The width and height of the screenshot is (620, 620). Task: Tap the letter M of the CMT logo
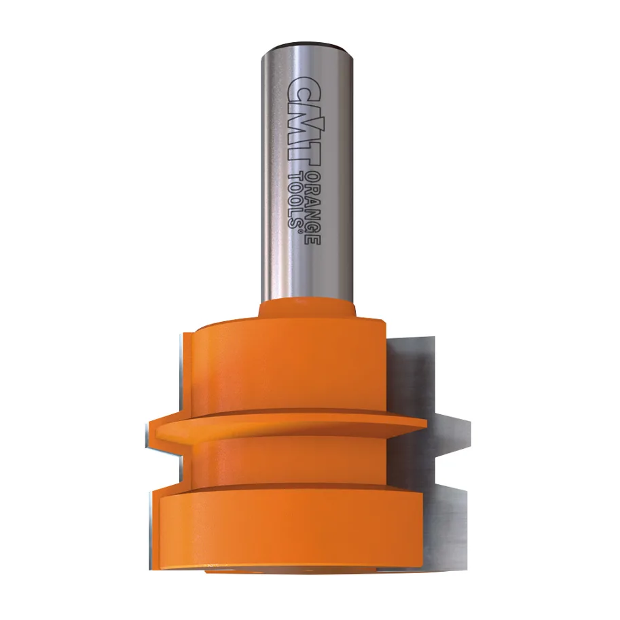pyautogui.click(x=303, y=120)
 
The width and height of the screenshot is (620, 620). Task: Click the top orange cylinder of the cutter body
pyautogui.click(x=285, y=367)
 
